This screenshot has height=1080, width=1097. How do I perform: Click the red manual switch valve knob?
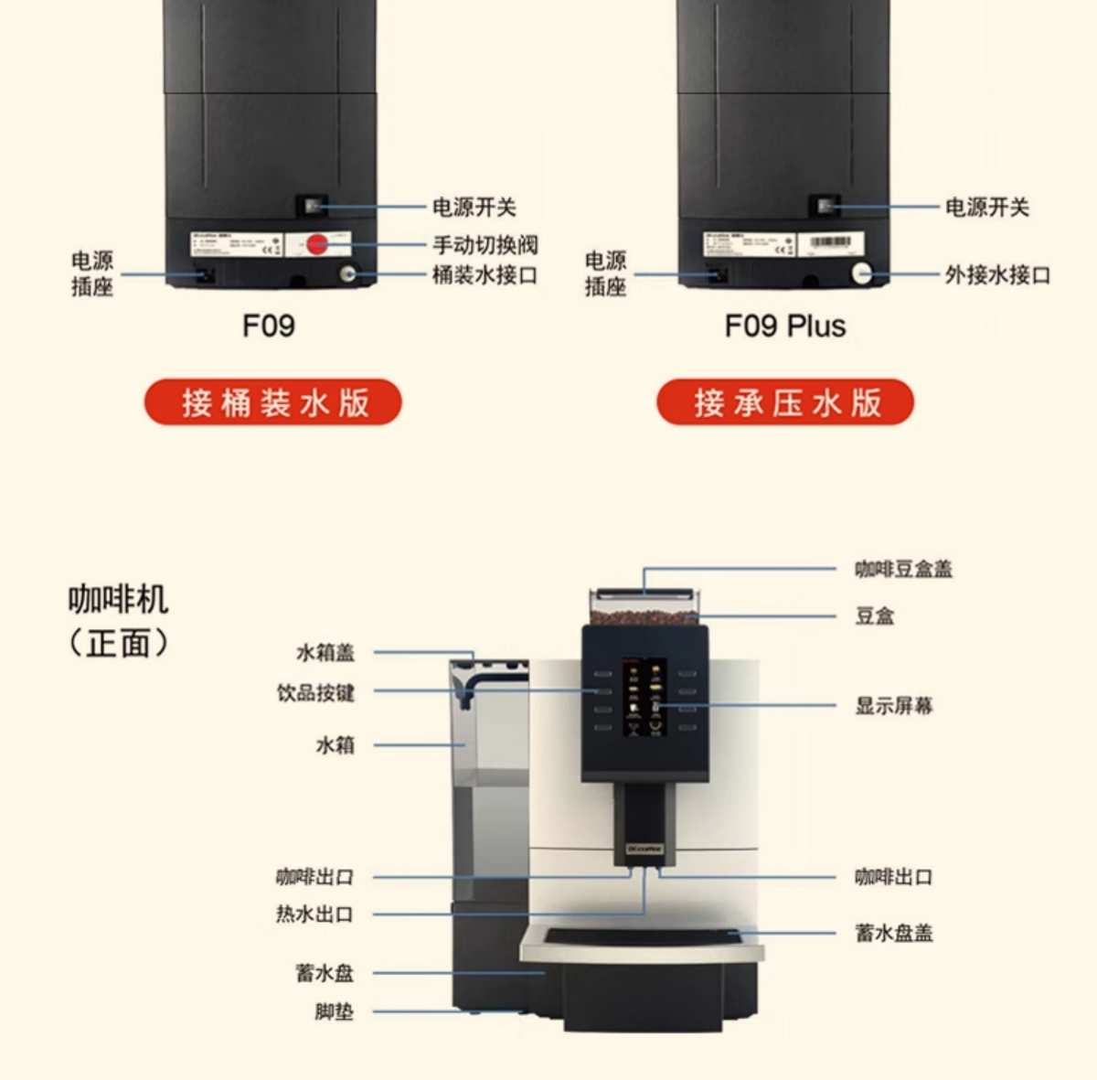tap(317, 245)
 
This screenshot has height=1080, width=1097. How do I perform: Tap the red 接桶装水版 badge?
tap(273, 402)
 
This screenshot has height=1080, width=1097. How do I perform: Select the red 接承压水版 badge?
tap(785, 402)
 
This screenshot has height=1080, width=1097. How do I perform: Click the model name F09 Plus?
tap(785, 326)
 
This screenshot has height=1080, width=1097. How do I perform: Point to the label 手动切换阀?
tap(485, 245)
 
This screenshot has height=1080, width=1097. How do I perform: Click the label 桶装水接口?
tap(485, 274)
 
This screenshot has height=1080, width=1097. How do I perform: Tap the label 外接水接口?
tap(997, 274)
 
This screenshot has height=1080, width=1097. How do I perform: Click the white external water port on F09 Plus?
tap(860, 272)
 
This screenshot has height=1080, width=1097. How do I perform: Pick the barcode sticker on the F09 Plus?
tap(830, 243)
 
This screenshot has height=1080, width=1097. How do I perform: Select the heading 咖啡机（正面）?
tap(119, 621)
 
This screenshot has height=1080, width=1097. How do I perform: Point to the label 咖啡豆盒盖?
tap(903, 569)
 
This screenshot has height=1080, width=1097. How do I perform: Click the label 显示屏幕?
tap(894, 706)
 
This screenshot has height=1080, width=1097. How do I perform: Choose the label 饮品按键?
tap(315, 692)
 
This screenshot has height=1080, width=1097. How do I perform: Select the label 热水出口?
tap(314, 914)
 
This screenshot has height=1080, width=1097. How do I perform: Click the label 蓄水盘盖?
tap(894, 933)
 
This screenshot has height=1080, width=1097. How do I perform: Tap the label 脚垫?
tap(334, 1011)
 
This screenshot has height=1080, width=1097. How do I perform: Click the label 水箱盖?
tap(325, 652)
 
